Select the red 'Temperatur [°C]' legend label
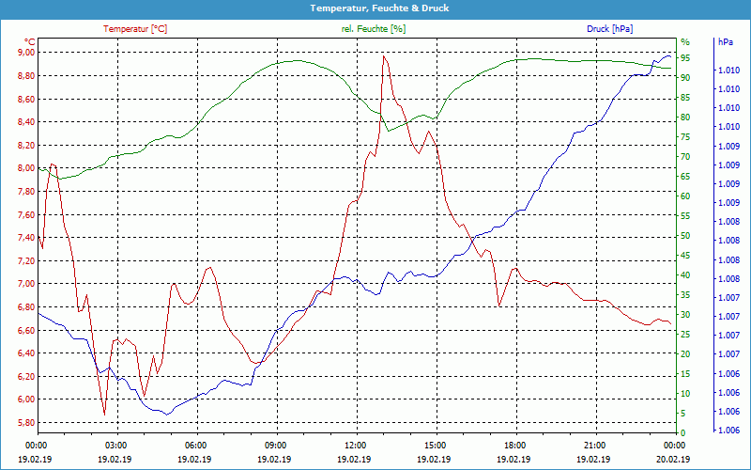[135, 29]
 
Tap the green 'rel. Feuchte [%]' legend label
[374, 29]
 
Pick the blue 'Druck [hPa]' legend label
[611, 29]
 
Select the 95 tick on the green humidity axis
[685, 58]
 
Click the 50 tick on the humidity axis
[685, 236]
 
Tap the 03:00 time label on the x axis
[116, 445]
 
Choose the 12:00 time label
[356, 445]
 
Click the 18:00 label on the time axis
[515, 445]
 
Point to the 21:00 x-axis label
[595, 445]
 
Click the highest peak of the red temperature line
[383, 56]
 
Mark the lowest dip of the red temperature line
[104, 414]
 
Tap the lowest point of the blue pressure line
[166, 414]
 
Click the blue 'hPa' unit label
[726, 42]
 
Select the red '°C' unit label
[30, 42]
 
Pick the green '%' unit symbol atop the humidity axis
[684, 42]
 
